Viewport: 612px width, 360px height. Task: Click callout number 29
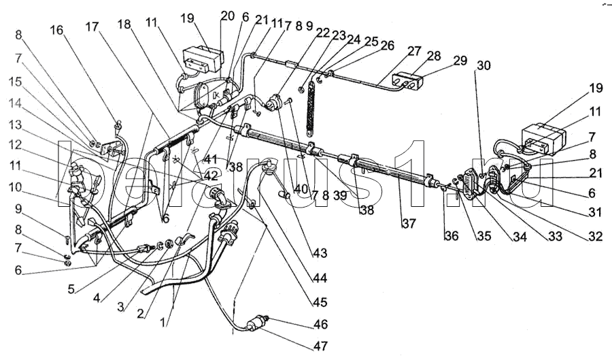[460, 61]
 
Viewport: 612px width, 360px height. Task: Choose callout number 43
[320, 254]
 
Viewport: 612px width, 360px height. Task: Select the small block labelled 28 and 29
[407, 82]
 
